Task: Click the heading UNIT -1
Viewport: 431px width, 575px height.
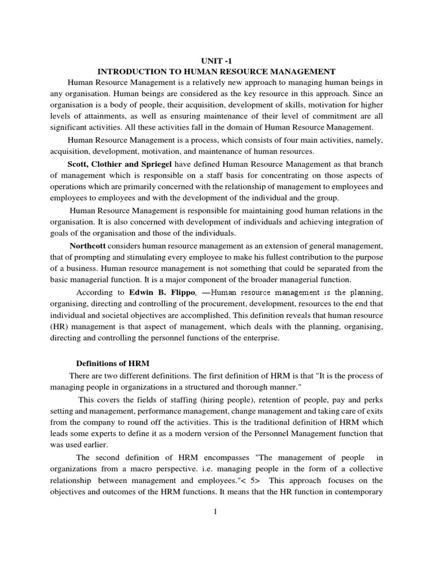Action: tap(216, 60)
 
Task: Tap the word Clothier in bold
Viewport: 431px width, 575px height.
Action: tap(111, 164)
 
